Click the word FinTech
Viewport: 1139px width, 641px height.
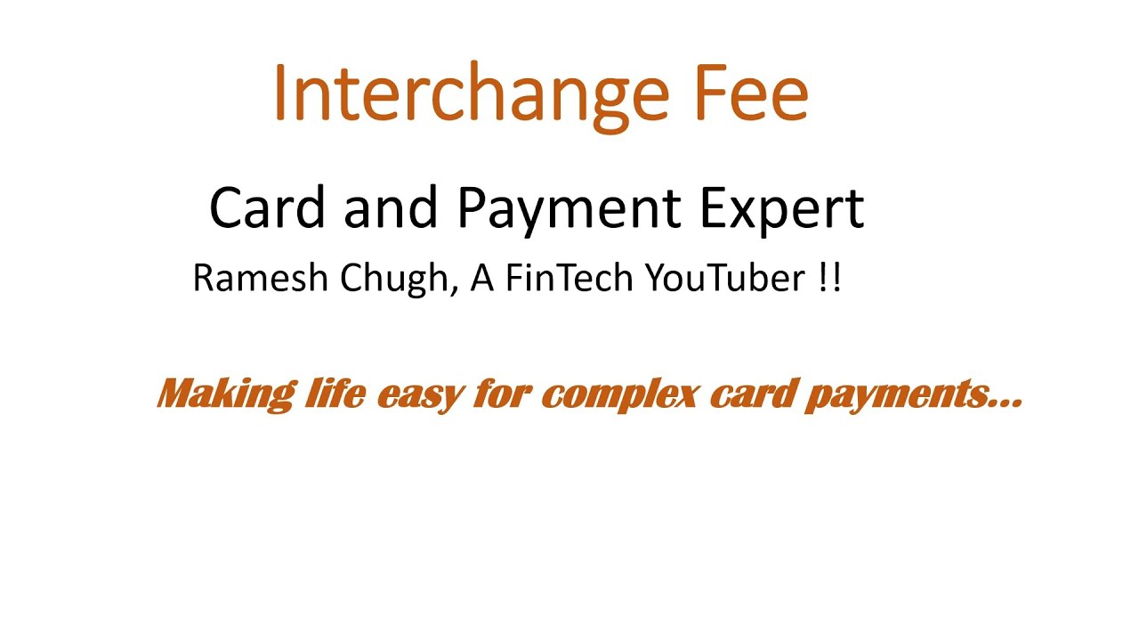tap(570, 279)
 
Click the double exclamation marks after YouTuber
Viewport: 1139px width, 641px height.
tap(828, 279)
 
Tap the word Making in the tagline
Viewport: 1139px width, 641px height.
tap(225, 393)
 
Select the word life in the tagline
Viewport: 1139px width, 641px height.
tap(333, 393)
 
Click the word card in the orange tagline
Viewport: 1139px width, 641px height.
tap(750, 393)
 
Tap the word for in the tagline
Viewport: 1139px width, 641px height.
tap(501, 393)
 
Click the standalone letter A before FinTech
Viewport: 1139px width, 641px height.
tap(481, 279)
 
